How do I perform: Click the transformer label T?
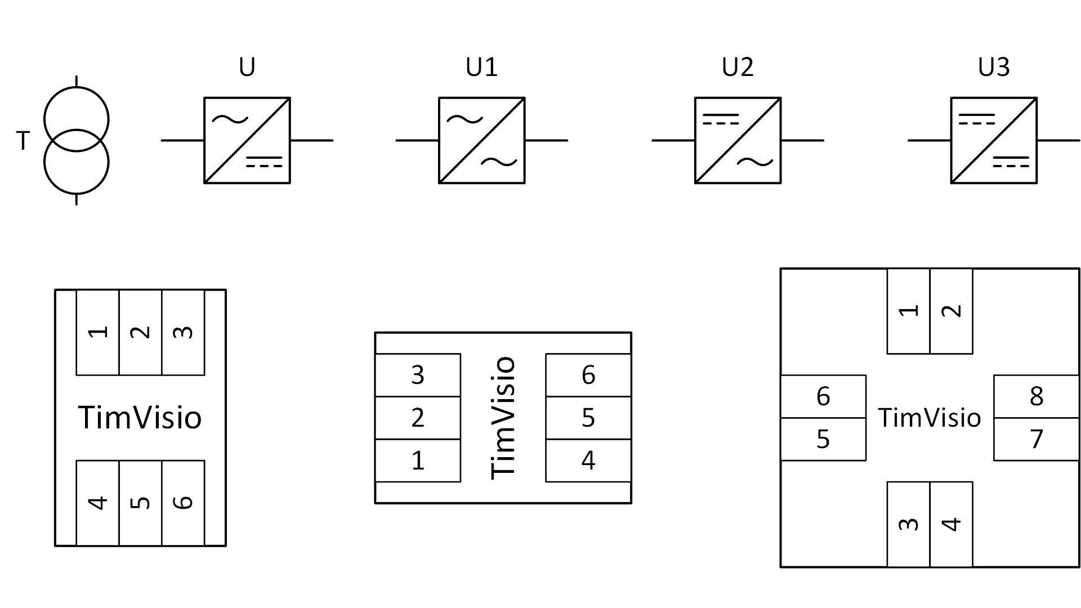(23, 141)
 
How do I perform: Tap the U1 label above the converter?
(481, 68)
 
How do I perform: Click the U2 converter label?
(738, 68)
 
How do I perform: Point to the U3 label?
(994, 68)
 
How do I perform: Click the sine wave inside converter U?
(230, 119)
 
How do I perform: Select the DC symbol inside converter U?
(264, 162)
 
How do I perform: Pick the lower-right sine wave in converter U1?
(499, 162)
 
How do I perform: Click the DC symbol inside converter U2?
(721, 119)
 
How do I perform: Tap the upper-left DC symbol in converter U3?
(977, 119)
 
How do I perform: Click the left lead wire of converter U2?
(673, 140)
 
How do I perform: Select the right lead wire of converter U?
(311, 140)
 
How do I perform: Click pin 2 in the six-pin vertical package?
(140, 332)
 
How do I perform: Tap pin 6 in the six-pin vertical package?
(183, 502)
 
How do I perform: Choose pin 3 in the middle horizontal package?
(418, 375)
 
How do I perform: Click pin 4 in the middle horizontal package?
(588, 461)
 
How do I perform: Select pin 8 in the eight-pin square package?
(1037, 396)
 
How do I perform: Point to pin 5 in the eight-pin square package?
(823, 439)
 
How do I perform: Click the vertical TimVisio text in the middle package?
(503, 418)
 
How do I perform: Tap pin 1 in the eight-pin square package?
(908, 311)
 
